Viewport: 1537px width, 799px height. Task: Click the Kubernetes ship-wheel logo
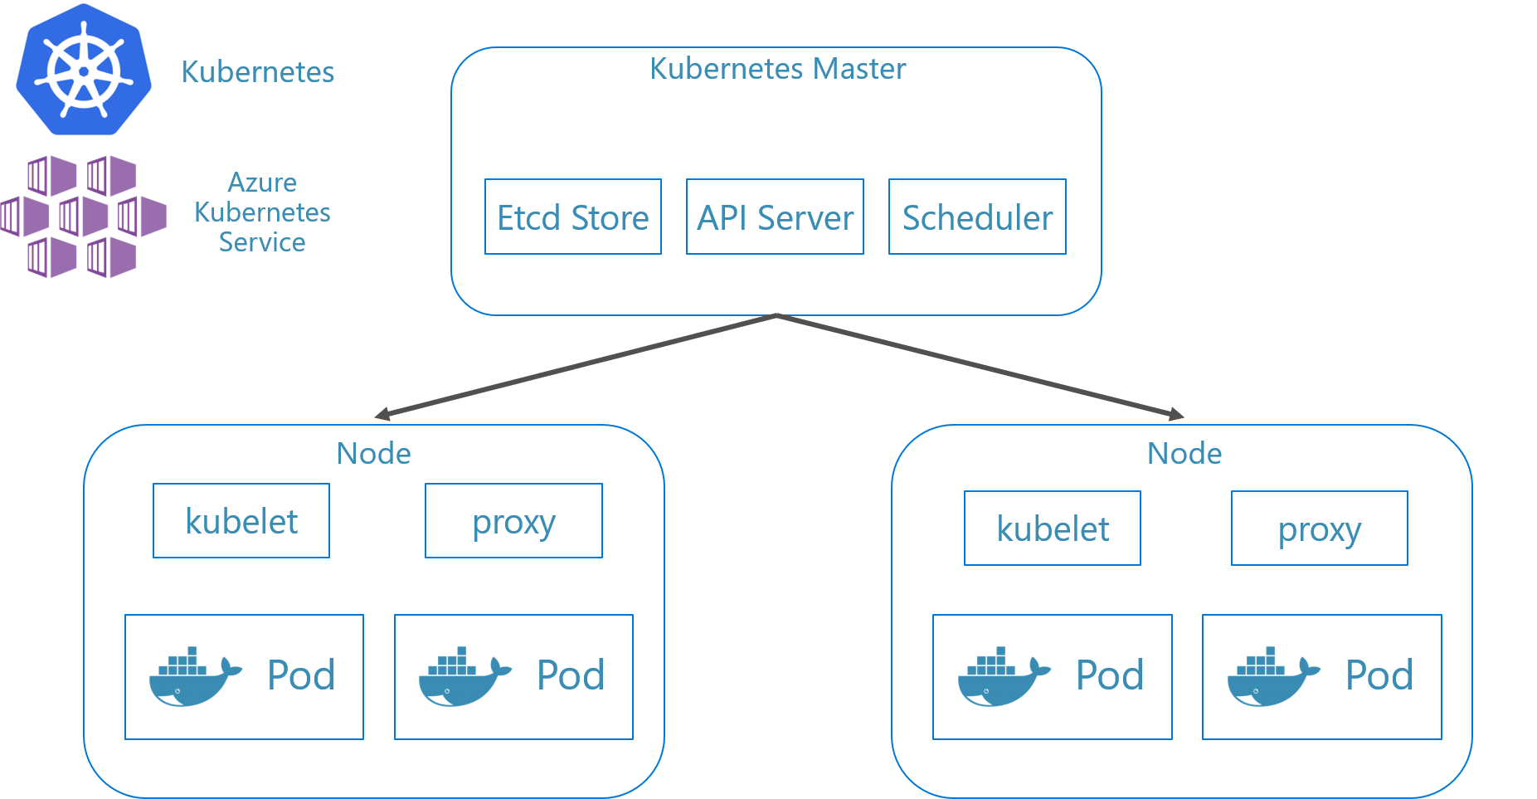84,71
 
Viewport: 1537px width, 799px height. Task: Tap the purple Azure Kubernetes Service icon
83,217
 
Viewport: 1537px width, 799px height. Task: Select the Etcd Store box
572,217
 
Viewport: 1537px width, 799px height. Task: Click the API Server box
775,217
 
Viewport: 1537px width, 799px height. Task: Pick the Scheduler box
977,217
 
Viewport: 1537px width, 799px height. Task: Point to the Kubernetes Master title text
777,69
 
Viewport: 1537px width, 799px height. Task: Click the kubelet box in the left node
241,521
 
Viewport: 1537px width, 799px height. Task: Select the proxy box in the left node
513,521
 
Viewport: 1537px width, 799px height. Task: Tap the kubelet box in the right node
1052,529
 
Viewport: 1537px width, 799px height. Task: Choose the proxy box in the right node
1319,529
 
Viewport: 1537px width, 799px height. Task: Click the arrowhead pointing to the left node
382,413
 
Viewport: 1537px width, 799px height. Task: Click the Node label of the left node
373,454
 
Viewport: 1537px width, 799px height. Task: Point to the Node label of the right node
1184,454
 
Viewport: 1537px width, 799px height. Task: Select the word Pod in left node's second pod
571,675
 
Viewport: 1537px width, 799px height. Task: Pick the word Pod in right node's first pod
1109,675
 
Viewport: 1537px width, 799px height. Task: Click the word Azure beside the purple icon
262,183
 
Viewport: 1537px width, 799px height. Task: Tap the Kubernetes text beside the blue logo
257,72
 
